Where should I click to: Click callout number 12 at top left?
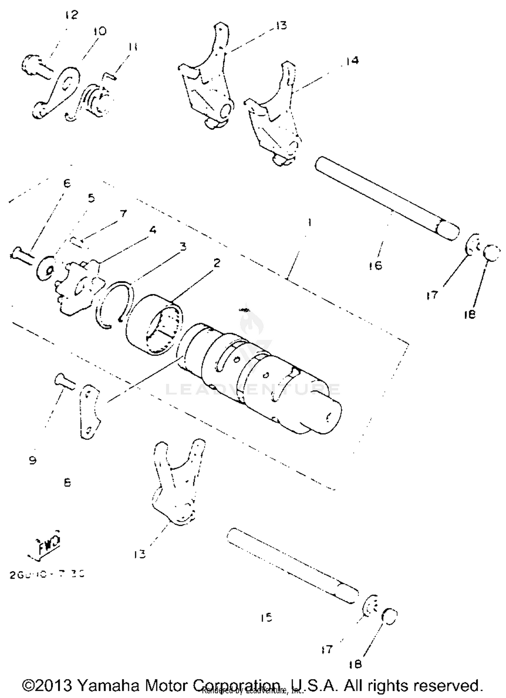tap(71, 15)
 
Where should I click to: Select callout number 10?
tap(100, 31)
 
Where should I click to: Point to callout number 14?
tap(352, 61)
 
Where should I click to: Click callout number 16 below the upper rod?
tap(376, 266)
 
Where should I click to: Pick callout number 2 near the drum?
tap(216, 262)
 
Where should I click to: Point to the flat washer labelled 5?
tap(46, 268)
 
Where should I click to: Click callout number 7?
tap(123, 214)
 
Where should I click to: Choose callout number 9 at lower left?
tap(32, 460)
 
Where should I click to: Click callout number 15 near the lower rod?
tap(266, 618)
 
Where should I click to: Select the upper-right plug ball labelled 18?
tap(492, 253)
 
